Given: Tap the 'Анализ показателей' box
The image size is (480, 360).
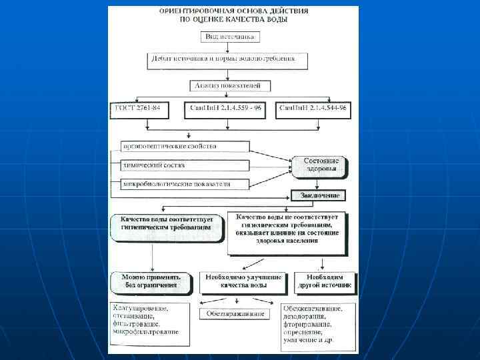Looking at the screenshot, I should tap(231, 86).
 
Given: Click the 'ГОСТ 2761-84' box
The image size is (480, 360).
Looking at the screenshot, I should tap(143, 108).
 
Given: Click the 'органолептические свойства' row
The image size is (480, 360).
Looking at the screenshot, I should tap(185, 146).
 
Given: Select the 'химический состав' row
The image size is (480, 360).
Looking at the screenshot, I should tap(185, 165).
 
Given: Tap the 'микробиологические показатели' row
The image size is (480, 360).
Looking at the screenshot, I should tap(185, 183).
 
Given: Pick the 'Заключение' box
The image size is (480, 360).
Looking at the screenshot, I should tap(319, 196).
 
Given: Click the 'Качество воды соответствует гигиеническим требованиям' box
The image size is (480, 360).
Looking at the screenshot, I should tap(166, 223).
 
